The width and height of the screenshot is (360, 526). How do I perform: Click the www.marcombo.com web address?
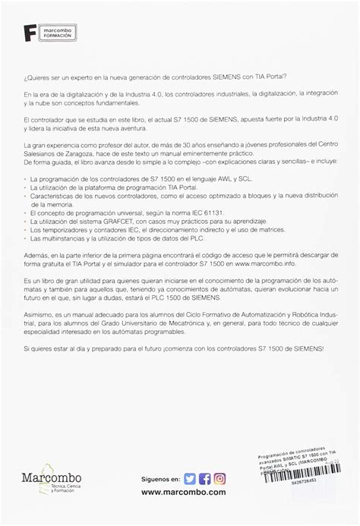[183, 492]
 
